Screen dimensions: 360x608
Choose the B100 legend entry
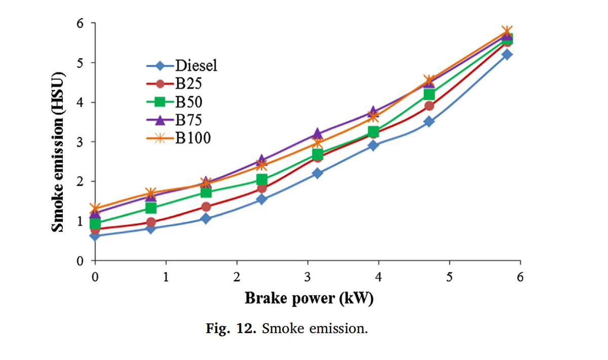coord(193,138)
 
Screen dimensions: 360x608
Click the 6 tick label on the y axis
coord(80,23)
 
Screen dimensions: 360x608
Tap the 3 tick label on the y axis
coord(80,142)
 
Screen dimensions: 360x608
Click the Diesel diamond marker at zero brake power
coord(95,235)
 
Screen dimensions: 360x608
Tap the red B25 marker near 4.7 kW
coord(429,106)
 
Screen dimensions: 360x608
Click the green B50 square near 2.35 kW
coord(261,180)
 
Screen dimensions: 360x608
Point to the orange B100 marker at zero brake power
coord(95,208)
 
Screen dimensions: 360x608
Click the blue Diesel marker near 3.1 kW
coord(317,173)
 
